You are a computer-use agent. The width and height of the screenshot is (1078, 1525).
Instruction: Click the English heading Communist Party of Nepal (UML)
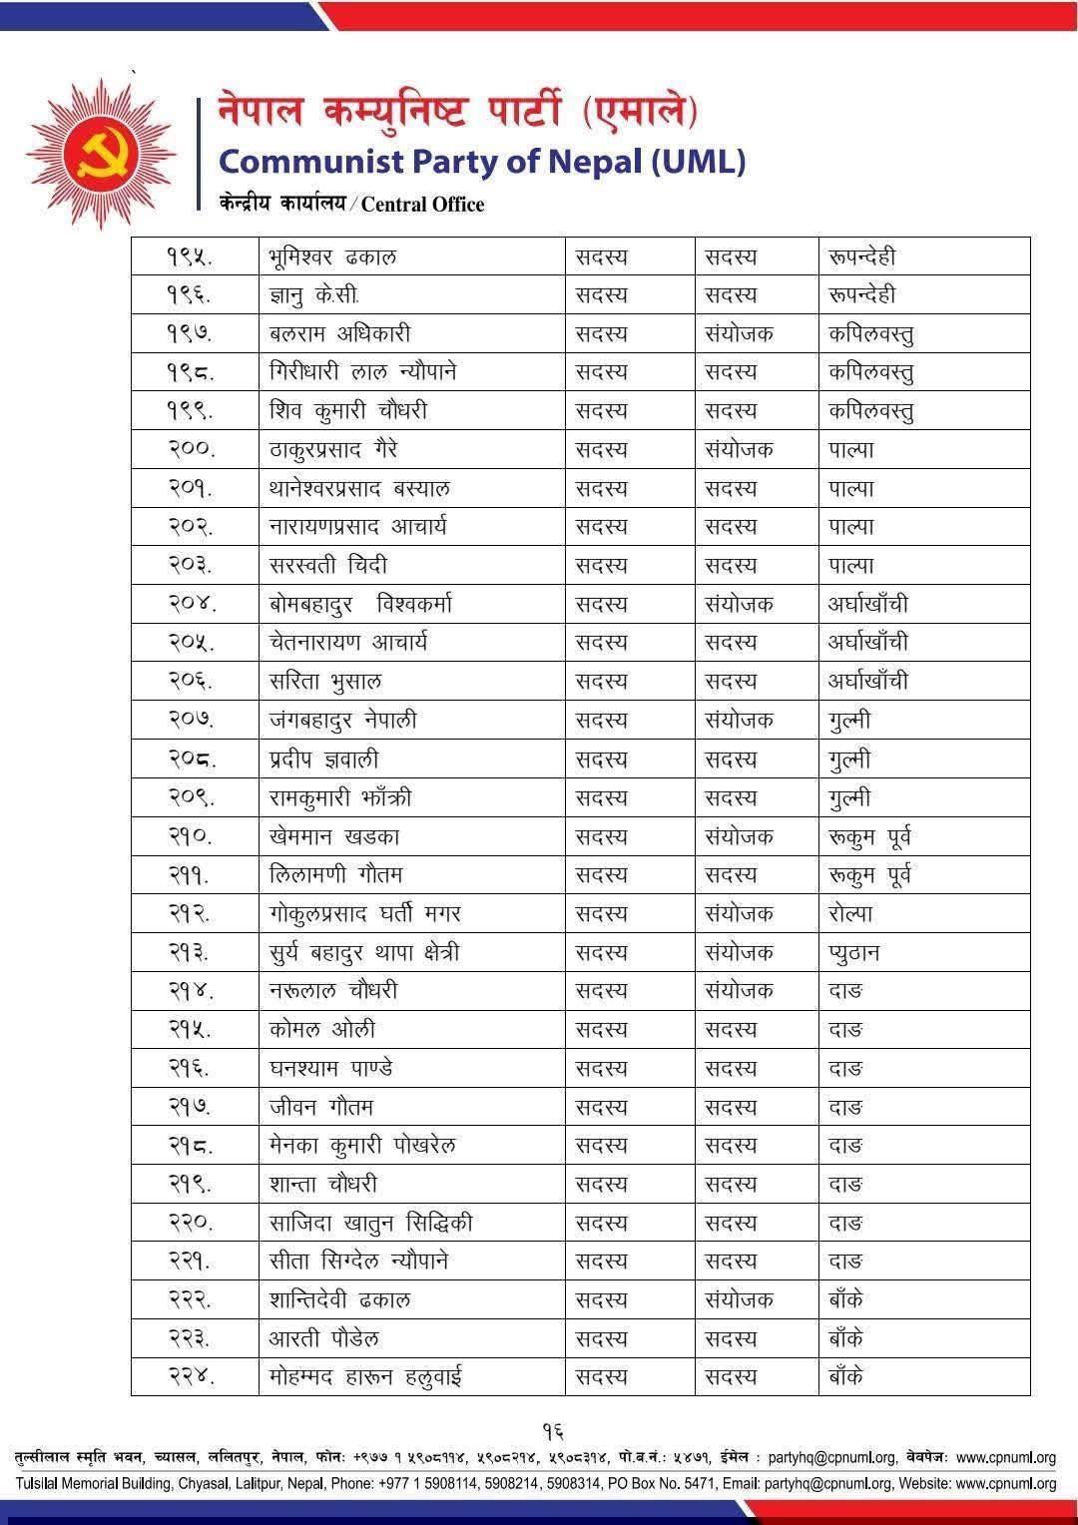[x=481, y=161]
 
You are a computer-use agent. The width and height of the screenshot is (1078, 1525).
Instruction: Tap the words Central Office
[x=422, y=205]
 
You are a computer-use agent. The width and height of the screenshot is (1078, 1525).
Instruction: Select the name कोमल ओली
[x=321, y=1030]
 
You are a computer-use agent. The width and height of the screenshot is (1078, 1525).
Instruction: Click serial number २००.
[x=191, y=450]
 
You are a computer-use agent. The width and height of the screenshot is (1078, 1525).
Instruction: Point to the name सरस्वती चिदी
[x=321, y=566]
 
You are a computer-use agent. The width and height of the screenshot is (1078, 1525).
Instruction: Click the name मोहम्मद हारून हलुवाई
[x=365, y=1378]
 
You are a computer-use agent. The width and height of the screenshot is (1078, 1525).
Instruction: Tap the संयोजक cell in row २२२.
[x=739, y=1300]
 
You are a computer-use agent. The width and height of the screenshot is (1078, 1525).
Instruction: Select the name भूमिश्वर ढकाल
[x=332, y=256]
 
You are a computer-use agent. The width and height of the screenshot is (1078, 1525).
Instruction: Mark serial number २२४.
[x=191, y=1378]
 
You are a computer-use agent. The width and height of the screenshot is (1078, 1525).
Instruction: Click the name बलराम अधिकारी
[x=339, y=334]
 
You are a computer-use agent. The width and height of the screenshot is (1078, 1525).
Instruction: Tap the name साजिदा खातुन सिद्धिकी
[x=370, y=1224]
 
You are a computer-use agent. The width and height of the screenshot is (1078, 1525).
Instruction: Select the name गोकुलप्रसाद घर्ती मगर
[x=364, y=914]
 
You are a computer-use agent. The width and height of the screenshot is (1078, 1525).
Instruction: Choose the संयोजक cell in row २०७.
[x=739, y=721]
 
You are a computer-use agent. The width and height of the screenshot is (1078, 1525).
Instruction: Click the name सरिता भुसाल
[x=325, y=682]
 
